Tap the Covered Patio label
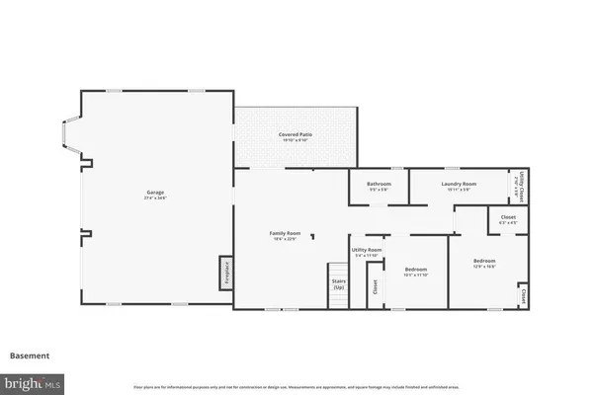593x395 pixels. pyautogui.click(x=295, y=134)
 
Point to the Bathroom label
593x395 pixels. pyautogui.click(x=379, y=184)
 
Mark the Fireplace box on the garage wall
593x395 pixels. pyautogui.click(x=225, y=272)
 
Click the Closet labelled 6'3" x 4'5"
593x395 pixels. pyautogui.click(x=508, y=219)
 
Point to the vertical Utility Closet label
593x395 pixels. pyautogui.click(x=522, y=185)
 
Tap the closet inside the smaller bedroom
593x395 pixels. pyautogui.click(x=375, y=287)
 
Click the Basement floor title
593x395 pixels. pyautogui.click(x=30, y=355)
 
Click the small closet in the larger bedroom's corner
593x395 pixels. pyautogui.click(x=522, y=295)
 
